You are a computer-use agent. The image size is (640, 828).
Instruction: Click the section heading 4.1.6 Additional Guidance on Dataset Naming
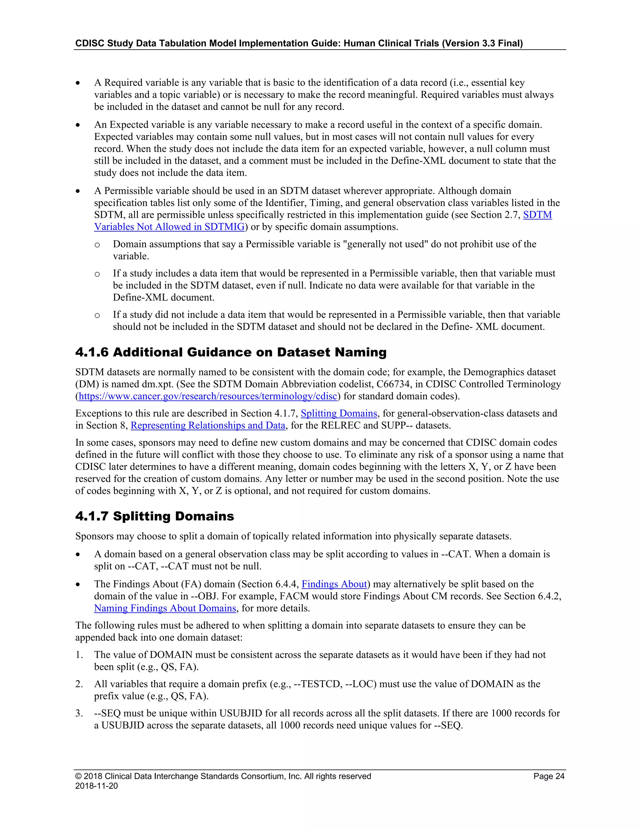click(231, 352)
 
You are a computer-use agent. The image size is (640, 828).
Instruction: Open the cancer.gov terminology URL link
click(207, 396)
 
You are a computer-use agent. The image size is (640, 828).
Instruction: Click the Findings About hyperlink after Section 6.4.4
click(334, 584)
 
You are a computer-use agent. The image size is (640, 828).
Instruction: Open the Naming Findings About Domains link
click(165, 608)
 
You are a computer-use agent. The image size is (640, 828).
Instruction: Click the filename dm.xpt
click(157, 384)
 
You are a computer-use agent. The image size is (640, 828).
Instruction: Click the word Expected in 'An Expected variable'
click(128, 125)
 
